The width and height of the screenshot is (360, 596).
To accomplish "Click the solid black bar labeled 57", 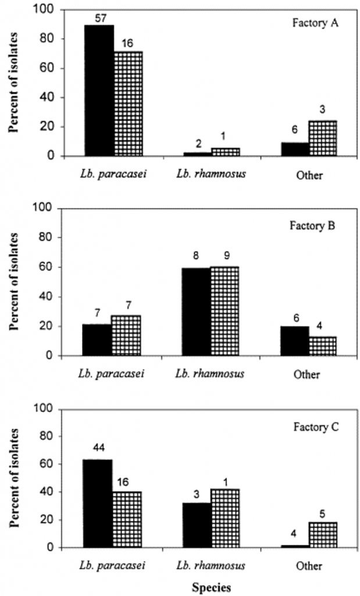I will point(99,90).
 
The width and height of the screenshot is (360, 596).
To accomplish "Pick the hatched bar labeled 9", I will point(224,311).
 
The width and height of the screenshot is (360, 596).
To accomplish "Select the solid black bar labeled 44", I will point(98,503).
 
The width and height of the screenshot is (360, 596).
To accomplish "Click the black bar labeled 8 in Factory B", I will point(196,311).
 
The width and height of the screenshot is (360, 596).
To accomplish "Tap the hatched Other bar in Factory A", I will point(323,139).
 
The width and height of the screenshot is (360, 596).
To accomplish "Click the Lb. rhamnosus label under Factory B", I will point(210,373).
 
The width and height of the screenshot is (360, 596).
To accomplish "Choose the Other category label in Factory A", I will point(309,175).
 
